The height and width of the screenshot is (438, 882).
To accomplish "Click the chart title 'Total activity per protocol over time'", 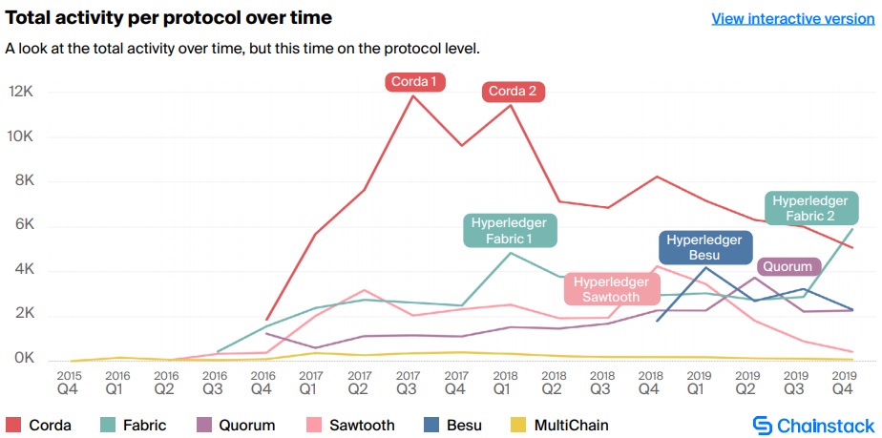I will tap(169, 18).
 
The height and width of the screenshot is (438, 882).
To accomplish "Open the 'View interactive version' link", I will tap(791, 19).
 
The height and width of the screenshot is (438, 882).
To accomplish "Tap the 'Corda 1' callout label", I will tap(416, 81).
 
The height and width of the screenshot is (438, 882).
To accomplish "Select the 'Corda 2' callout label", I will tap(513, 92).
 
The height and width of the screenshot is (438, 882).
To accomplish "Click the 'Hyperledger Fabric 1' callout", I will tap(511, 230).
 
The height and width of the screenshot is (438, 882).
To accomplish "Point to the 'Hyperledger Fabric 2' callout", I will tap(809, 209).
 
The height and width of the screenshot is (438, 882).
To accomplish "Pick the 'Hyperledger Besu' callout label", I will tap(703, 247).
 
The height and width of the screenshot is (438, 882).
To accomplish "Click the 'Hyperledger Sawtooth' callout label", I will tap(611, 289).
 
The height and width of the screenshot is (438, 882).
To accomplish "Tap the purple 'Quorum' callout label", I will tap(789, 268).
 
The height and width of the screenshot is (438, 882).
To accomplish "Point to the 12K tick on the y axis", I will tap(21, 93).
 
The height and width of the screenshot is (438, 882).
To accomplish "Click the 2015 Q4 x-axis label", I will tap(68, 383).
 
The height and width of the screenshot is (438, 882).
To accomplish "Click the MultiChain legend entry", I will tap(561, 426).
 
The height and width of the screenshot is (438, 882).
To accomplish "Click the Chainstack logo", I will tap(813, 426).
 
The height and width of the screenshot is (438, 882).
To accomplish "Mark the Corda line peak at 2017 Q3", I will tap(413, 96).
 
